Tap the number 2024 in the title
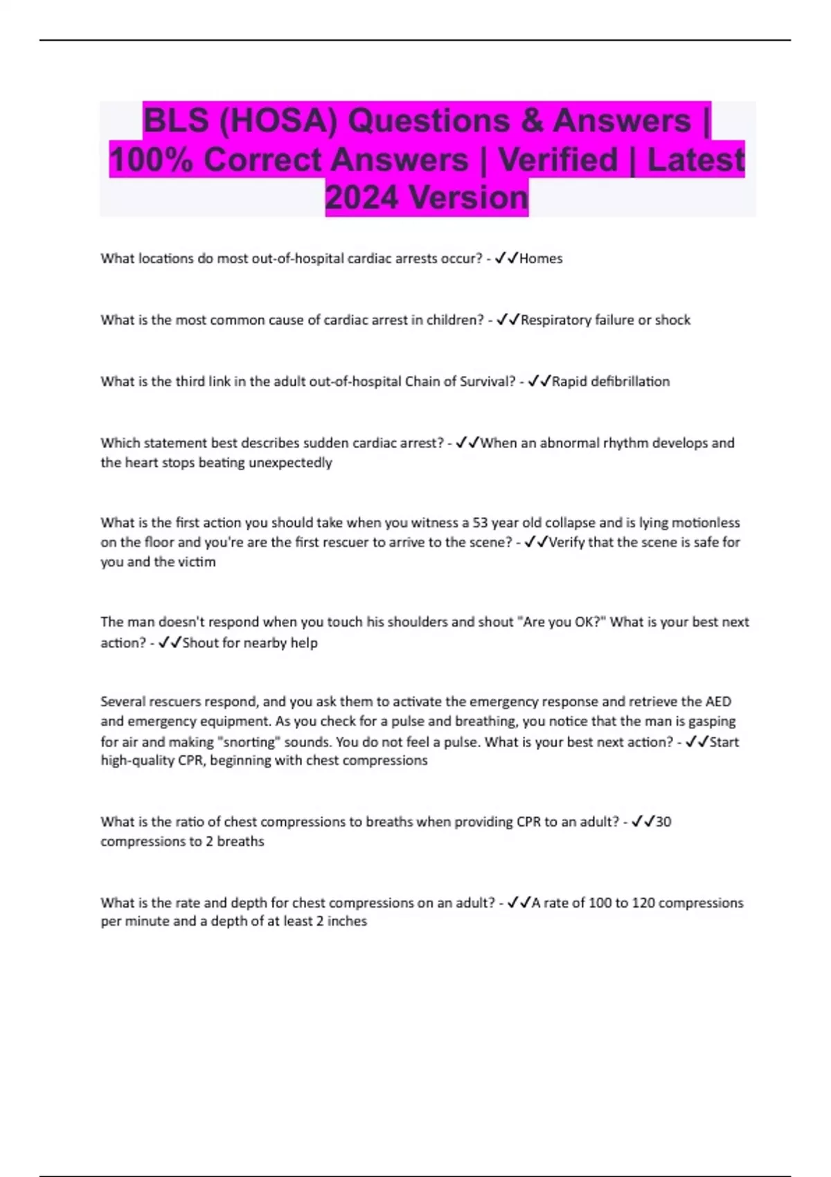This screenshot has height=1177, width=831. click(x=362, y=198)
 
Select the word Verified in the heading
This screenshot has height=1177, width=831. click(x=558, y=160)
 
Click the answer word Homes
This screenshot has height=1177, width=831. click(x=541, y=259)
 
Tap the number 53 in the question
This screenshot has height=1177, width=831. click(x=481, y=523)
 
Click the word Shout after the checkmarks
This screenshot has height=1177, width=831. click(x=201, y=643)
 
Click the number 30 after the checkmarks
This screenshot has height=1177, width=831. click(x=663, y=822)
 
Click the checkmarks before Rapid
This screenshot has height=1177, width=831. click(x=539, y=381)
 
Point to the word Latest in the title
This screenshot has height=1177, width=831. click(x=695, y=160)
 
